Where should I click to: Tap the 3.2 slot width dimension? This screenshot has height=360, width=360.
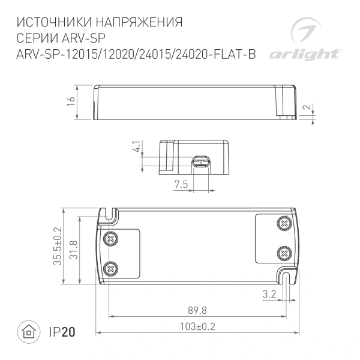[269, 294]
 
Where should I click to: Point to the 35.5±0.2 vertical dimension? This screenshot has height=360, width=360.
[58, 246]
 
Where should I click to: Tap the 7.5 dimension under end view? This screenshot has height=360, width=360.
[181, 185]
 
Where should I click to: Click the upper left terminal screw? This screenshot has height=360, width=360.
[110, 238]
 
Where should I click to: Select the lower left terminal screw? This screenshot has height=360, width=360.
[110, 268]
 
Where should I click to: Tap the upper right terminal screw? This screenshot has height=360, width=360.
[283, 223]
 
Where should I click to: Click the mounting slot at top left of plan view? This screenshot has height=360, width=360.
[110, 215]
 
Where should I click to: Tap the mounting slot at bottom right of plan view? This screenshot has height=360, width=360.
[287, 277]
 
